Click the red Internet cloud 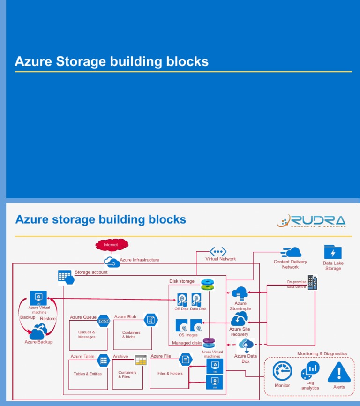point(112,245)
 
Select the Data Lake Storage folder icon point(333,252)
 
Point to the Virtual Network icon point(218,251)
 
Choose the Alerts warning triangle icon point(338,372)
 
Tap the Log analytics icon point(310,370)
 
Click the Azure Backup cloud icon point(38,332)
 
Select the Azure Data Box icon point(246,346)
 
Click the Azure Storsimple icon point(240,293)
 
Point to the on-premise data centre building point(312,283)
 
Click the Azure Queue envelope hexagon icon point(104,321)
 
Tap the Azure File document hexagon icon point(186,360)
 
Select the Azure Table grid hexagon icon point(103,360)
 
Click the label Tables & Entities point(88,374)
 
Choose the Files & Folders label point(170,374)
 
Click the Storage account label point(91,272)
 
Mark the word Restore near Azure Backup point(48,319)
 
